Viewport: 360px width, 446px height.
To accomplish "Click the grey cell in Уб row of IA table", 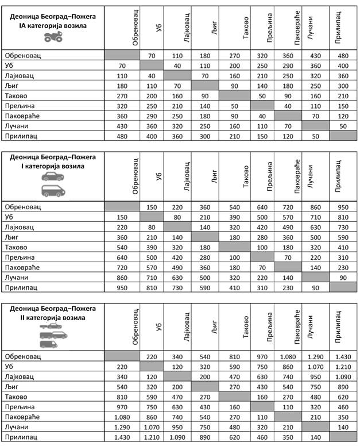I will tap(152, 66).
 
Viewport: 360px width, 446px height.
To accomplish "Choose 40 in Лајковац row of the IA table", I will tap(152, 76).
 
